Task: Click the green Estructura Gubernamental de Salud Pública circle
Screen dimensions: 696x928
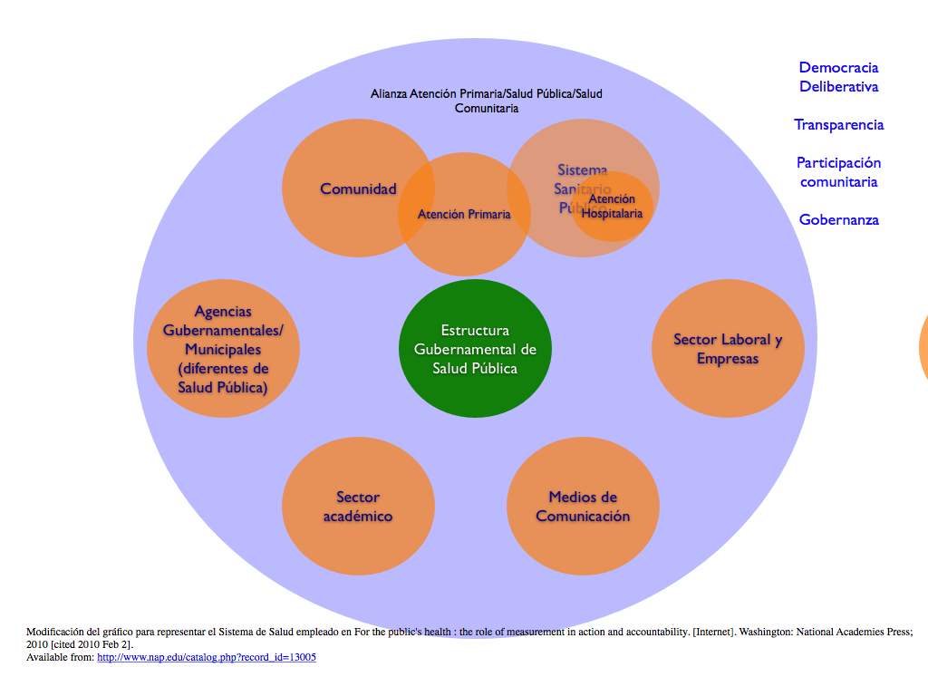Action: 475,349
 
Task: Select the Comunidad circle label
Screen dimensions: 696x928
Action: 358,188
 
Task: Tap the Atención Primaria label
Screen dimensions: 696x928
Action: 464,215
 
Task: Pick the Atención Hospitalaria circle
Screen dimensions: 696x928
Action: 612,207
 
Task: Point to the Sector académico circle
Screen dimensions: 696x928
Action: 358,507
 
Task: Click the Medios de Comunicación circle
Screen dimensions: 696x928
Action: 583,507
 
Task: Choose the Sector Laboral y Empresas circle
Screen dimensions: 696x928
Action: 728,349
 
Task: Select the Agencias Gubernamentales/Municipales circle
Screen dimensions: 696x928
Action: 223,349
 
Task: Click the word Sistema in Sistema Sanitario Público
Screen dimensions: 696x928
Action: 583,169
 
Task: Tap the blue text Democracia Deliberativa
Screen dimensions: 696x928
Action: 838,77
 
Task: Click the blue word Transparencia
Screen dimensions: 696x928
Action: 839,125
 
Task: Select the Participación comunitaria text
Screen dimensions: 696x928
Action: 838,172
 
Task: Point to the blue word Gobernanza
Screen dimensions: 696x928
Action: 838,220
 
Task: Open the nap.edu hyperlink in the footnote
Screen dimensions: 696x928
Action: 207,657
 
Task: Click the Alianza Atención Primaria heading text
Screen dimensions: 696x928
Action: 486,93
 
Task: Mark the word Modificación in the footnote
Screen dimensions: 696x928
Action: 57,632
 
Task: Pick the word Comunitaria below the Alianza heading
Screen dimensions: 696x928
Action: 486,108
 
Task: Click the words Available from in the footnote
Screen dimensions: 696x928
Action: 60,657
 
